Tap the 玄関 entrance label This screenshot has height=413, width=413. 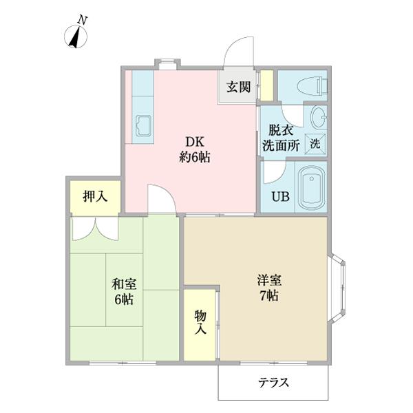[x=239, y=87]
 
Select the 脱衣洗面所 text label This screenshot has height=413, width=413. [x=279, y=138]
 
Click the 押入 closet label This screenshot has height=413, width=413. [x=95, y=197]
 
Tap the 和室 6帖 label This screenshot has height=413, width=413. [x=124, y=290]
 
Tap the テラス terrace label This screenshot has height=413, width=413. [x=273, y=383]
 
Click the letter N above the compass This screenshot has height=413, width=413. [x=81, y=21]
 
